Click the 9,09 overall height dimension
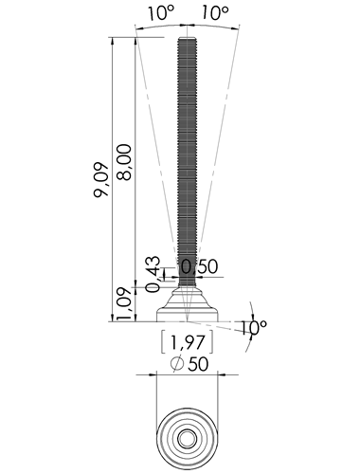pos(101,179)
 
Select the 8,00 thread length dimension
pos(124,162)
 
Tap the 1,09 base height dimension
pos(124,303)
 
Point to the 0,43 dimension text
pos(153,274)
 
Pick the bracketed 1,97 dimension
pos(188,342)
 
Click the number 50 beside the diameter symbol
pos(198,364)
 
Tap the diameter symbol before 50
pos(177,363)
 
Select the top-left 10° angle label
pos(161,13)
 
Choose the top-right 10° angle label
pos(215,13)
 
